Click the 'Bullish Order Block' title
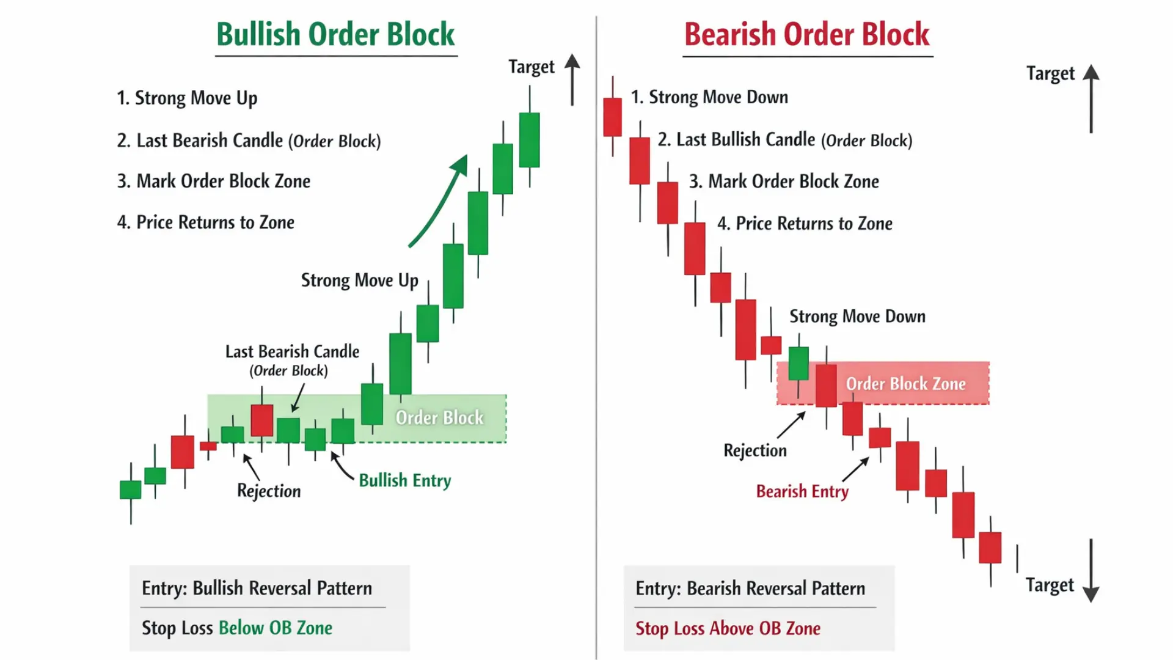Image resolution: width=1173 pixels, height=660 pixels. click(x=335, y=34)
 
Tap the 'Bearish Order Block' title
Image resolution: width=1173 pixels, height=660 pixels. click(x=806, y=34)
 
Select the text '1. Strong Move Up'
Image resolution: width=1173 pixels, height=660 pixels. click(x=187, y=98)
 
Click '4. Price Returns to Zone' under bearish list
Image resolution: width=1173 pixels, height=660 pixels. click(x=805, y=224)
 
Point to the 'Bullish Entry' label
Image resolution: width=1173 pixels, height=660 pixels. click(x=404, y=480)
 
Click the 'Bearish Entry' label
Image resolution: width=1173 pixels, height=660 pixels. click(x=802, y=491)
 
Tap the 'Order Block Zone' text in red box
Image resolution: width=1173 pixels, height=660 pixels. click(x=905, y=384)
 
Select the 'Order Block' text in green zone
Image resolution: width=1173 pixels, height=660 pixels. click(x=439, y=418)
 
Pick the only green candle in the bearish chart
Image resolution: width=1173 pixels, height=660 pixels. click(x=798, y=363)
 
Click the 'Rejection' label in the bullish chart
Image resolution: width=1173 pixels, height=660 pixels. click(x=269, y=491)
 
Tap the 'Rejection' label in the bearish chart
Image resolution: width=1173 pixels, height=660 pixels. click(x=755, y=450)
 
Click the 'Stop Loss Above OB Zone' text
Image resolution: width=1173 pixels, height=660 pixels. click(x=728, y=628)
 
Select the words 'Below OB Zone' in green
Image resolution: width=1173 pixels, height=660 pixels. click(x=276, y=628)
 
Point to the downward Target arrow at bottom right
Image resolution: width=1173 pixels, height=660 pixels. click(x=1091, y=571)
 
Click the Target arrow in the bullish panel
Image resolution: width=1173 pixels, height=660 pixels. click(x=572, y=79)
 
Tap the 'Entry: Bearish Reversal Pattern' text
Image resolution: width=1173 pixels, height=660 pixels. click(x=750, y=588)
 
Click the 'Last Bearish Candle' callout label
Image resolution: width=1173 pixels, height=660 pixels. click(x=292, y=352)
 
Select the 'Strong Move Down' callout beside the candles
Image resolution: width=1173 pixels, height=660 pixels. click(x=857, y=317)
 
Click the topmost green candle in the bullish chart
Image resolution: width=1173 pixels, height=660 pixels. click(x=529, y=139)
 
